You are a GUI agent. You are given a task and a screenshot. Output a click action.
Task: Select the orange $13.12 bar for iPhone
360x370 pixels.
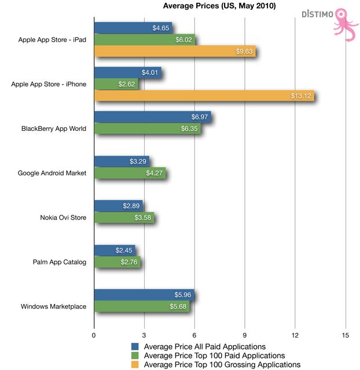point(203,96)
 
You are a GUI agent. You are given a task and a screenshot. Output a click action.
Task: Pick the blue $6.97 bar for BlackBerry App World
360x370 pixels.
point(152,118)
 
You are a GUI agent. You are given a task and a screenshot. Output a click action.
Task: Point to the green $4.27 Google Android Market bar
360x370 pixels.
point(129,173)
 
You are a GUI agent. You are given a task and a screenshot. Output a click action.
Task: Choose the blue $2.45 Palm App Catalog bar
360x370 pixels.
point(114,250)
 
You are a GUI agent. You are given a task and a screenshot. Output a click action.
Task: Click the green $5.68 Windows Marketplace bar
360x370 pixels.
point(141,306)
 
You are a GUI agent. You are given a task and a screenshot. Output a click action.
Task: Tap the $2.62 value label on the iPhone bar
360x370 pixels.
point(127,85)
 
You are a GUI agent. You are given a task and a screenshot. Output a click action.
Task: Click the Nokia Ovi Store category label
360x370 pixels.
point(63,218)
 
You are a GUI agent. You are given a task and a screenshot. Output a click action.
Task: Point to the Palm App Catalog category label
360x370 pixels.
point(60,262)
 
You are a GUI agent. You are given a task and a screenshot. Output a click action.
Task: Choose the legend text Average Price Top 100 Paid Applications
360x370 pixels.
point(214,356)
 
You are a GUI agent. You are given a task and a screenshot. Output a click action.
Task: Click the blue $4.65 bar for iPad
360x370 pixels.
point(133,28)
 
